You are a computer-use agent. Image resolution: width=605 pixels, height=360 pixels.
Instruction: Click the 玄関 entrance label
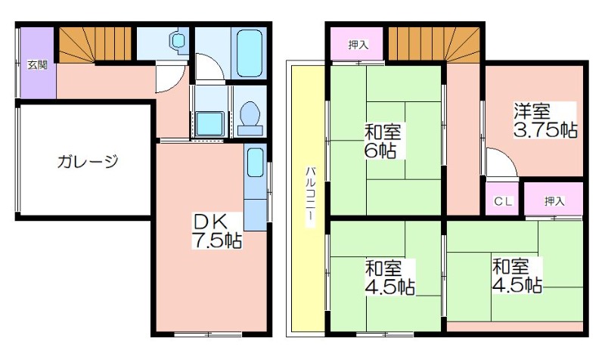tap(37, 65)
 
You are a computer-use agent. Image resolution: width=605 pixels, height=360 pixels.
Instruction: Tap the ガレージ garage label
tap(88, 161)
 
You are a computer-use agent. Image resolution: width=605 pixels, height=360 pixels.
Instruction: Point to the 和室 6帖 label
tap(383, 141)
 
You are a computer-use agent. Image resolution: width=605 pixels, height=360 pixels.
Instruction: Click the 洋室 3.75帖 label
tap(544, 121)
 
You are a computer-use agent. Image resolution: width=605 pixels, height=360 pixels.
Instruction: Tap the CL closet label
tap(504, 201)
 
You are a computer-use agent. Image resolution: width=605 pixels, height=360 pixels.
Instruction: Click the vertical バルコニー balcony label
tap(310, 197)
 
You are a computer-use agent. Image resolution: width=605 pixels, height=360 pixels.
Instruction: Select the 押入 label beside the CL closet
tap(554, 200)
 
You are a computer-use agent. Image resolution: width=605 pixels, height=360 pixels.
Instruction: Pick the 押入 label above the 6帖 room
tap(358, 45)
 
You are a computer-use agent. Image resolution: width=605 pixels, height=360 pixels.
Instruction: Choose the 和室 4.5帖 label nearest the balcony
tap(389, 278)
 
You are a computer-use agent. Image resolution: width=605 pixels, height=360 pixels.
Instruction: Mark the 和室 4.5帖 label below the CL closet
tap(517, 275)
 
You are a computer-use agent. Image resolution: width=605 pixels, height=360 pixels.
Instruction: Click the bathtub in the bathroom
tap(250, 53)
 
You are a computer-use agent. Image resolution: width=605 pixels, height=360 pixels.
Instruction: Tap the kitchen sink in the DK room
tap(255, 163)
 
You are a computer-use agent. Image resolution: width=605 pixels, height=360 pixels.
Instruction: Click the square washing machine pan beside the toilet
tap(209, 123)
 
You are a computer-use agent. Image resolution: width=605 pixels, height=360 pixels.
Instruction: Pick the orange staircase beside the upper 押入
tap(433, 44)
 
